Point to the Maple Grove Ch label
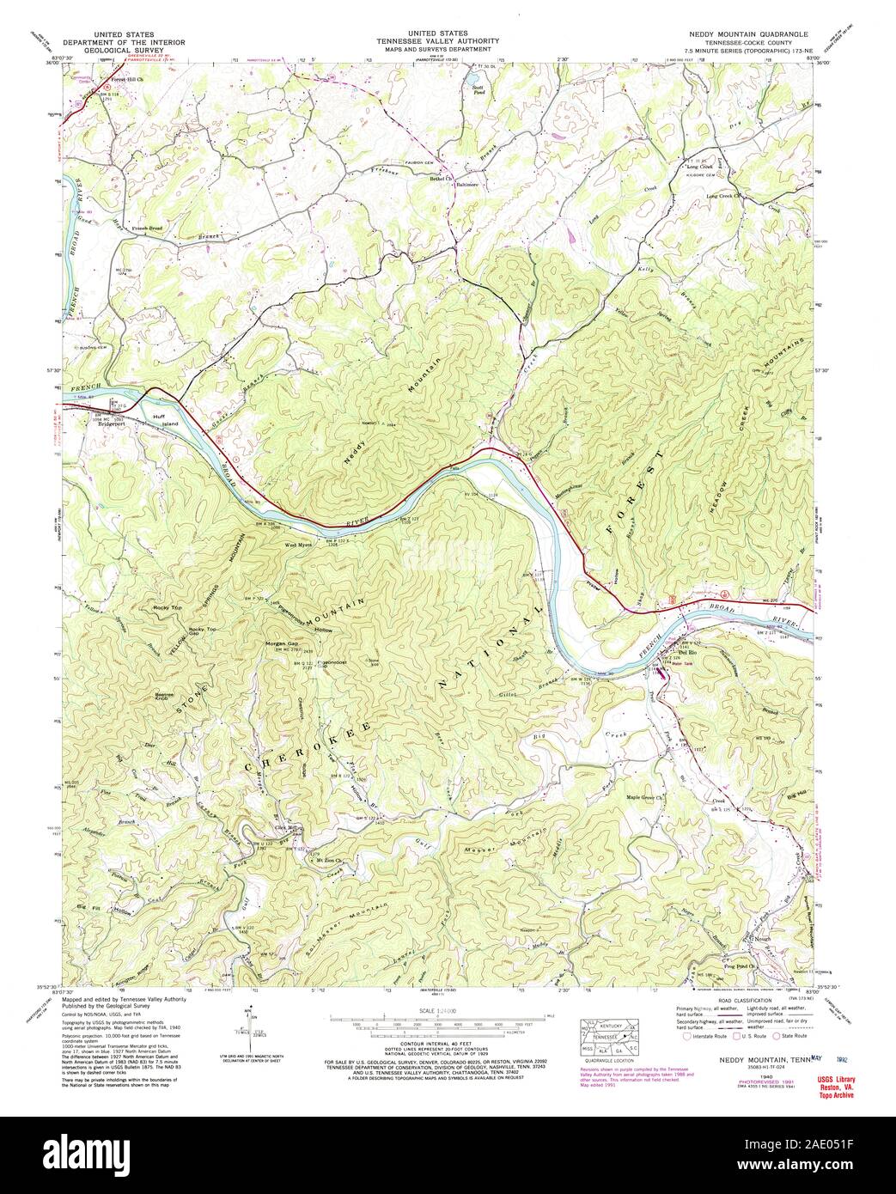pyautogui.click(x=647, y=798)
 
